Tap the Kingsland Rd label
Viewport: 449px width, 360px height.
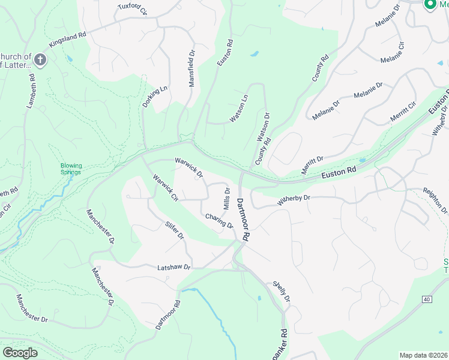pos(68,40)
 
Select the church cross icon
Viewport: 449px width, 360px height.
pos(40,59)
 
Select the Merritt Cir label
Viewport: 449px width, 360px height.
pos(403,112)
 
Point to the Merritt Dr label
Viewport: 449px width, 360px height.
pos(313,166)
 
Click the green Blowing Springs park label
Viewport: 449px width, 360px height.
pos(71,169)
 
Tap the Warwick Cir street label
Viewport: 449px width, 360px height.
pos(166,187)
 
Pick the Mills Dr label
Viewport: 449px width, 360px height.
pos(227,198)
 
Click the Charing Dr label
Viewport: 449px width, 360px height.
pos(218,221)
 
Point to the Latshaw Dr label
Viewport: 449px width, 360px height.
pos(173,267)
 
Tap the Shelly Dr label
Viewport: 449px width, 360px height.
pos(282,291)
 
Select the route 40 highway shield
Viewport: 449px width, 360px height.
pos(426,299)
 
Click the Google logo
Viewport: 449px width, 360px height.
pos(20,352)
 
